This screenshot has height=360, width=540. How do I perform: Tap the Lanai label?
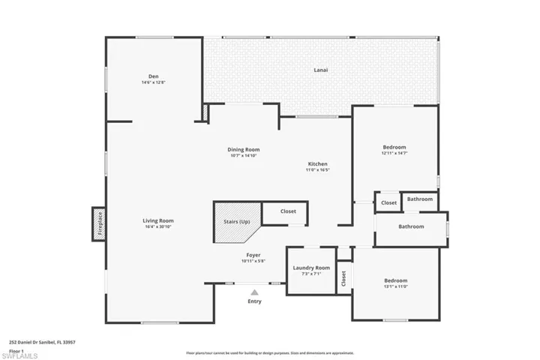(x=320, y=70)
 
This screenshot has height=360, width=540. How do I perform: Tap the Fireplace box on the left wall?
(x=99, y=223)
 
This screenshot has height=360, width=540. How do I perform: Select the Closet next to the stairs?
(x=288, y=211)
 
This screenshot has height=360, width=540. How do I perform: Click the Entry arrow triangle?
(x=255, y=292)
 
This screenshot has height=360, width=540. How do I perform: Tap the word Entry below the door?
(x=255, y=301)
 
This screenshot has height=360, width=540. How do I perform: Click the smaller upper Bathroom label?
(x=420, y=199)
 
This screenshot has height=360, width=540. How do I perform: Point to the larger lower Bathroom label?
(x=410, y=226)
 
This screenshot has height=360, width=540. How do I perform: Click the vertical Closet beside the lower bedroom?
(x=343, y=278)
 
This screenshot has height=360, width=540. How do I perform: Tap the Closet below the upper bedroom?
(x=388, y=202)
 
